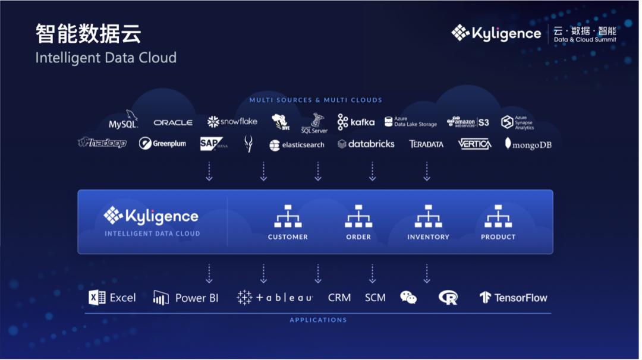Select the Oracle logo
173,122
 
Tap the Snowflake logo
232,122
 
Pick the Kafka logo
355,122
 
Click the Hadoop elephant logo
102,143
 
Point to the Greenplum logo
162,143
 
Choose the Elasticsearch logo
297,144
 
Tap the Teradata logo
426,144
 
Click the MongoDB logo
528,144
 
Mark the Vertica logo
474,144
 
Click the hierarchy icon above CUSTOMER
288,216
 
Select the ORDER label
358,237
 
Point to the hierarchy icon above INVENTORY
428,216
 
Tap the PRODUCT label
498,237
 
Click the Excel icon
97,298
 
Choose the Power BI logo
185,298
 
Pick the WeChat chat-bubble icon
408,298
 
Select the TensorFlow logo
513,298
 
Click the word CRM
339,298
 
